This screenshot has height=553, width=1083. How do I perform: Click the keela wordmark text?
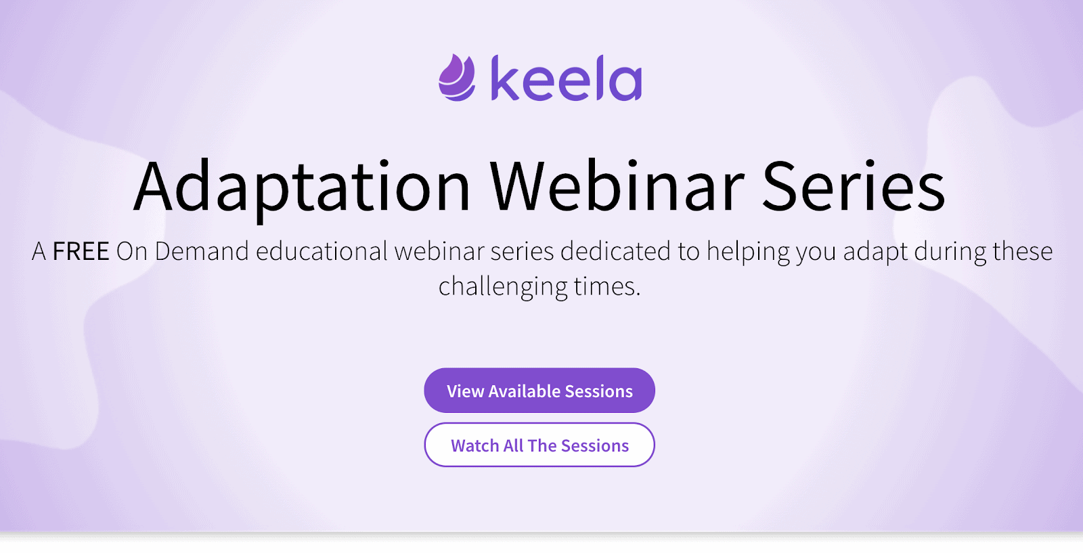click(x=567, y=78)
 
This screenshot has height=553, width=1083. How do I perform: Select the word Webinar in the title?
click(x=617, y=185)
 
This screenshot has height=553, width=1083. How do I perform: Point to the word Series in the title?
click(x=854, y=187)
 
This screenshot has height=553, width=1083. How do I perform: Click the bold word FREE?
click(x=81, y=251)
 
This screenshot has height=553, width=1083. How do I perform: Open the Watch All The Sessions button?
click(x=539, y=445)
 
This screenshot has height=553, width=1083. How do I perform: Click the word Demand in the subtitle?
click(x=202, y=251)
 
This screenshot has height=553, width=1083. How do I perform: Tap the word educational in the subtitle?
click(x=322, y=251)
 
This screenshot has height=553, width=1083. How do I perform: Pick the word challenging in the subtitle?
click(x=503, y=287)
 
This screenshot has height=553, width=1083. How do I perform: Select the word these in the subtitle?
click(x=1023, y=251)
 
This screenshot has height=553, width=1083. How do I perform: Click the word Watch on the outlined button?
click(x=474, y=445)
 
